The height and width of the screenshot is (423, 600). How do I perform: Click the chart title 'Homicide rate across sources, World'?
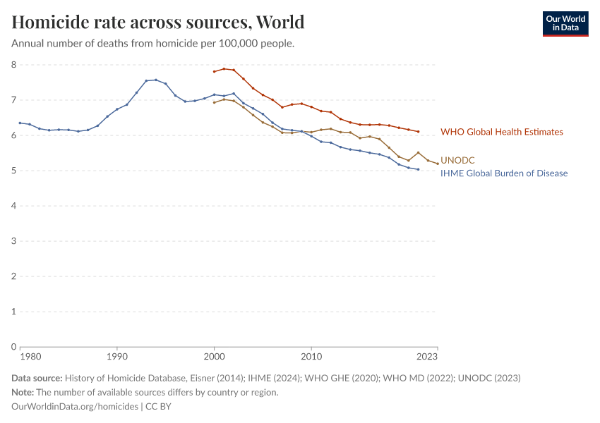pos(158,22)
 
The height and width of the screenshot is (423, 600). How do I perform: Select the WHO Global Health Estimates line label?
pos(501,132)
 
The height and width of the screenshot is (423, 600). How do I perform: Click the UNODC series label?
pos(457,161)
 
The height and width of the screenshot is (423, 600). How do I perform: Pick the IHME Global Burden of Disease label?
pos(504,173)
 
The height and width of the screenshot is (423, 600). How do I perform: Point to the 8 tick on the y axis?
pos(13,65)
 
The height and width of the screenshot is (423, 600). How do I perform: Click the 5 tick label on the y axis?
pos(13,171)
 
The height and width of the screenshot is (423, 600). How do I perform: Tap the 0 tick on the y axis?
pos(13,347)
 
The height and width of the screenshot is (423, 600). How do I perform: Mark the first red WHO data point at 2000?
pos(214,71)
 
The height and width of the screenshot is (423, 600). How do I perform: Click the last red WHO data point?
pos(419,131)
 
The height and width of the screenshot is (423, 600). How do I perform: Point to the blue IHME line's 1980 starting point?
pos(20,123)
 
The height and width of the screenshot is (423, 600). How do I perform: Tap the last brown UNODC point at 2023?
pos(438,164)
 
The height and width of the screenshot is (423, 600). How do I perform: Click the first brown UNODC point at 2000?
pos(214,102)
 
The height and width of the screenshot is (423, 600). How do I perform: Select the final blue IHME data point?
pos(419,169)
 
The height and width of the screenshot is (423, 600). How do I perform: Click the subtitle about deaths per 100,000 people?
pos(152,43)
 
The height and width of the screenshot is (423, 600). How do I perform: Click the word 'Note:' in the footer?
pos(24,392)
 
